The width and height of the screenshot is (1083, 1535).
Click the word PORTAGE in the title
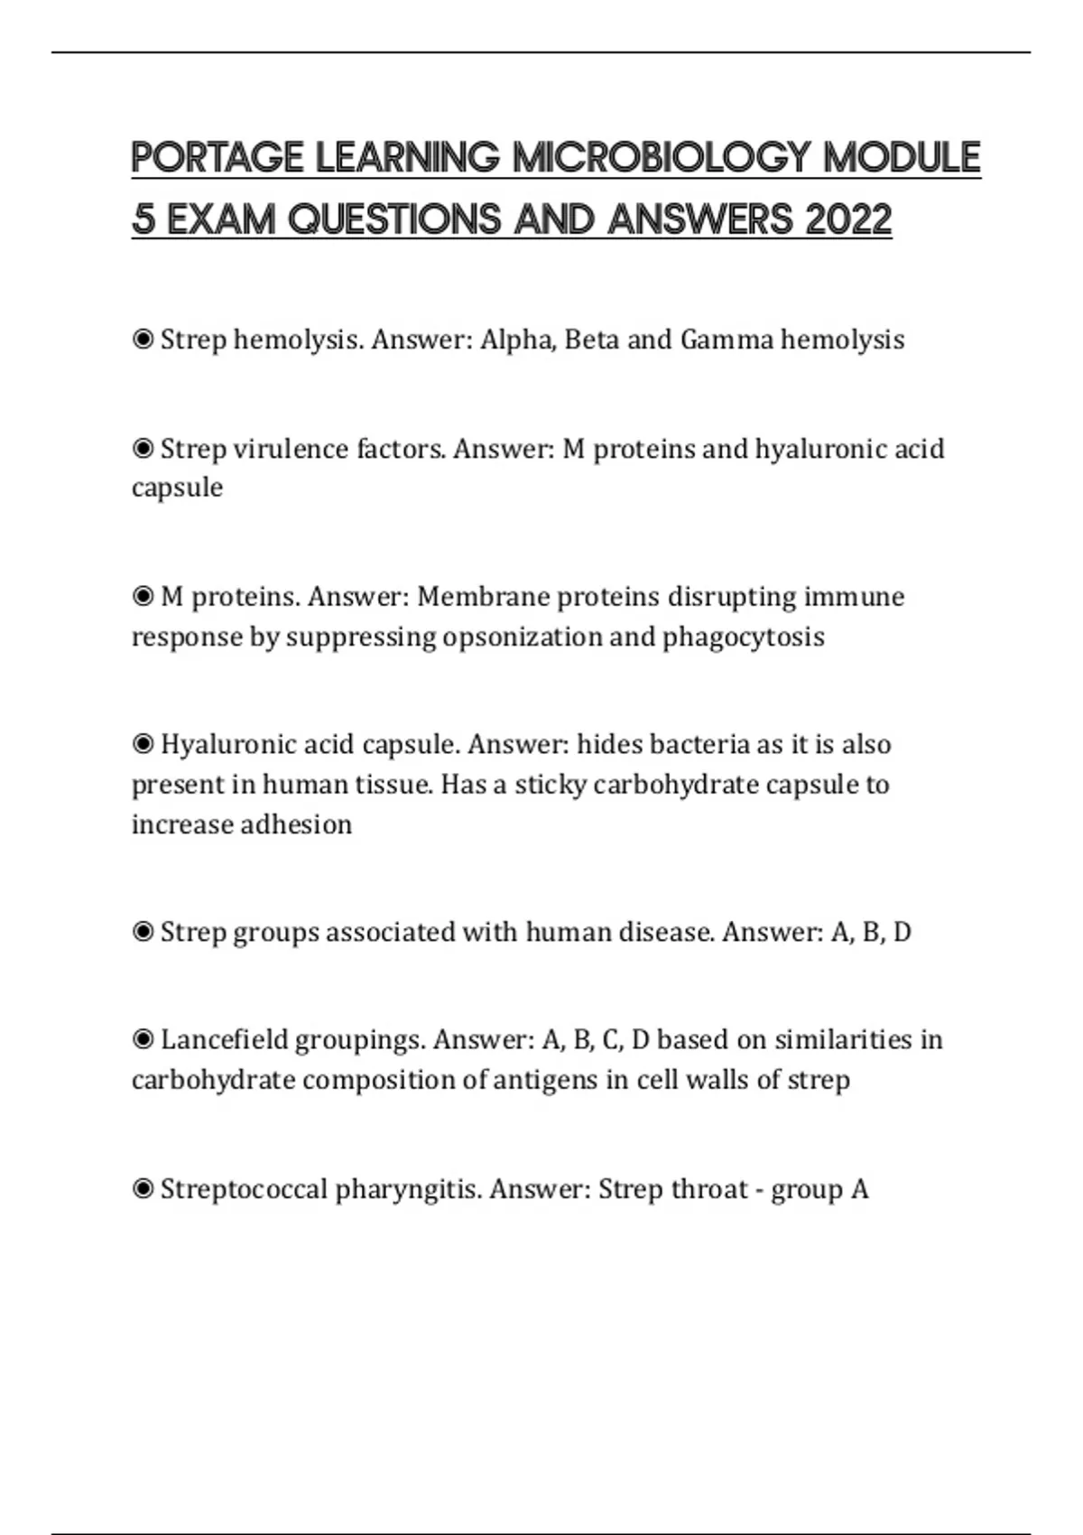tap(218, 158)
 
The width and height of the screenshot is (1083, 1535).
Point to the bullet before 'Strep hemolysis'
tap(143, 340)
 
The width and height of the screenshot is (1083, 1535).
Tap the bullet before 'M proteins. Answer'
tap(143, 597)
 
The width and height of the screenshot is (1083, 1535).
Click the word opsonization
tap(523, 637)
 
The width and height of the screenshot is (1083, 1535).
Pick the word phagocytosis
tap(744, 637)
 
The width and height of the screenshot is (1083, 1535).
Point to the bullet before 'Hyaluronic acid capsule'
tap(143, 744)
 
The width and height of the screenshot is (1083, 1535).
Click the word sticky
tap(551, 785)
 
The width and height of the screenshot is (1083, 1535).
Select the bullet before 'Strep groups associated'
tap(143, 932)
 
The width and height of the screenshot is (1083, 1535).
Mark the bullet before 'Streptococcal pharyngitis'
tap(143, 1189)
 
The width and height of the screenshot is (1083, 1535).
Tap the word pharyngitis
tap(408, 1190)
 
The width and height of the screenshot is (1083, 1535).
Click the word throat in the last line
tap(708, 1189)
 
